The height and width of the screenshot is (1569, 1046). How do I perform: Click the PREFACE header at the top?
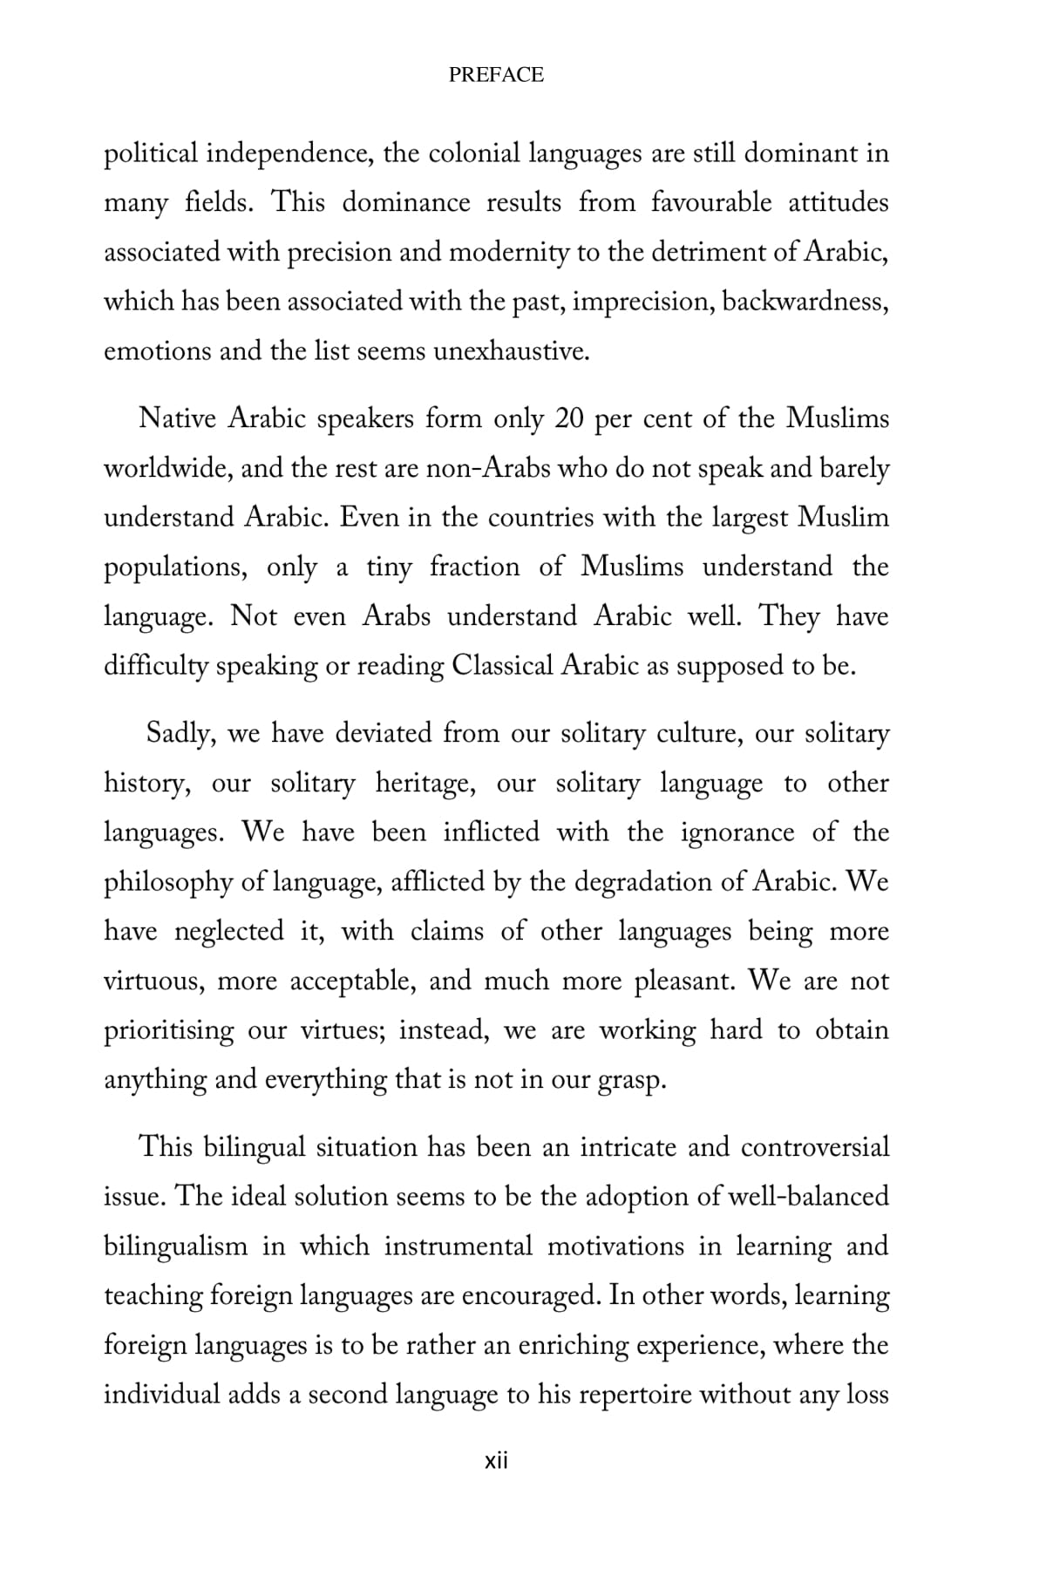point(496,75)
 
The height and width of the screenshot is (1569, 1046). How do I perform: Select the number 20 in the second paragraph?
point(569,419)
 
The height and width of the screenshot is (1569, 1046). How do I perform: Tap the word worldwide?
point(165,469)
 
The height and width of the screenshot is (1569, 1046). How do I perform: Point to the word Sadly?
point(180,733)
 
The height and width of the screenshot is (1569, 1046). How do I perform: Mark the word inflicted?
point(491,832)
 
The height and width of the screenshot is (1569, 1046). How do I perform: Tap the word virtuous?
point(154,981)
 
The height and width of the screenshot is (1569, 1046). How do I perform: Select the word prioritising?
point(169,1031)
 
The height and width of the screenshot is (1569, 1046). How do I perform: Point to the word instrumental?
point(458,1246)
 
